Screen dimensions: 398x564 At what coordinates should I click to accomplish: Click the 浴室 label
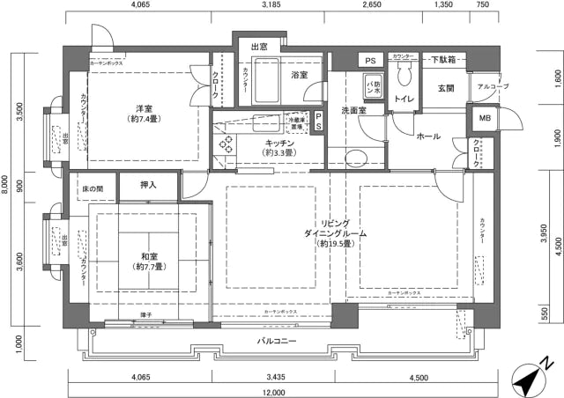point(300,76)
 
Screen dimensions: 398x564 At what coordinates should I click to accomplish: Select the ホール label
point(428,136)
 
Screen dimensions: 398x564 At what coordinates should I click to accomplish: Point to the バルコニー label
point(277,341)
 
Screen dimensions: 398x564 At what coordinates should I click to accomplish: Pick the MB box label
point(485,119)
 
